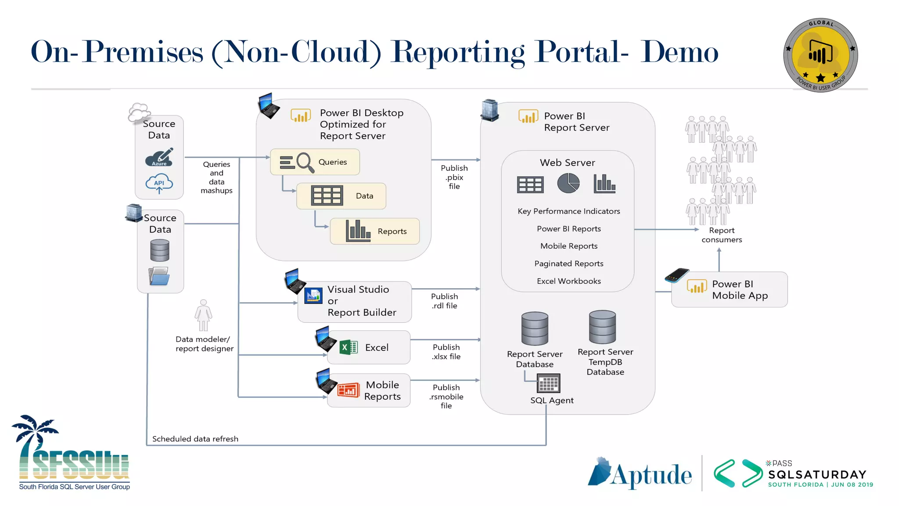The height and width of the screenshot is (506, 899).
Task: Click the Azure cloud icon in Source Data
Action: [x=159, y=158]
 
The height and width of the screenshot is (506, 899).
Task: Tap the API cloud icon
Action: [x=159, y=183]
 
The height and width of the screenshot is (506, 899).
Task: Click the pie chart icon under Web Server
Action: [x=568, y=183]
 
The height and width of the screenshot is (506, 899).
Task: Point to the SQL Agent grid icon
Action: [x=548, y=383]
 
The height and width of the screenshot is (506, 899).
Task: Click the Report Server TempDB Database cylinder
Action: [x=602, y=327]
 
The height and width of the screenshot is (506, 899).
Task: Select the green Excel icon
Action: [x=349, y=347]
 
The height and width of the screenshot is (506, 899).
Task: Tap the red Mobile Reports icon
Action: [x=348, y=390]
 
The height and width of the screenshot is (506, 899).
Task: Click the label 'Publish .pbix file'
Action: [x=454, y=177]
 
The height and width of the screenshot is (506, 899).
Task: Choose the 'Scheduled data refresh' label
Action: [x=195, y=439]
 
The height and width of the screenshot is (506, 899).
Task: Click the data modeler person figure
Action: [x=203, y=315]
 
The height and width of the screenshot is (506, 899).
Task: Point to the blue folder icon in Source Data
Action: [x=159, y=276]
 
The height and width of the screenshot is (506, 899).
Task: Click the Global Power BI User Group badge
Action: [x=820, y=55]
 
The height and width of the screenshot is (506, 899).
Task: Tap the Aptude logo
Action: [x=640, y=473]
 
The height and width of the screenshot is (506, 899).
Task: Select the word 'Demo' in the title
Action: [x=679, y=52]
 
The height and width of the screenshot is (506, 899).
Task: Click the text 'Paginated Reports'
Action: [x=568, y=264]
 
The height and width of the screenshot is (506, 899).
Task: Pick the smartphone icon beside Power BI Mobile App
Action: [x=676, y=275]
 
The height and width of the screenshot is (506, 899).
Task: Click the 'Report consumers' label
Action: [x=721, y=235]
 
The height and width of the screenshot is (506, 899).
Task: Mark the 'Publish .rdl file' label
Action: [x=444, y=301]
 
